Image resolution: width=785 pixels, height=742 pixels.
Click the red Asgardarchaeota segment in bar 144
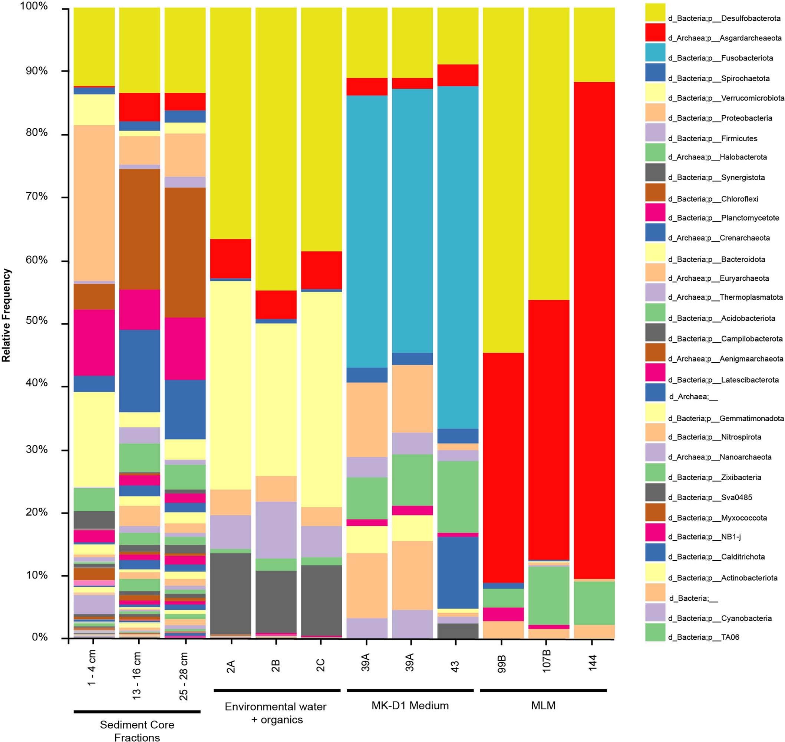point(594,330)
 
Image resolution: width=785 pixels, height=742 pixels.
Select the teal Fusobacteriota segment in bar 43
point(458,257)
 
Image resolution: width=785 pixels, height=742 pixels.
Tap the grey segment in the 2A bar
point(231,593)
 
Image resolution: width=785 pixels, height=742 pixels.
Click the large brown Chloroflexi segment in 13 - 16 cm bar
point(139,229)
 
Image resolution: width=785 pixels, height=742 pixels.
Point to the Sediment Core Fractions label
point(137,731)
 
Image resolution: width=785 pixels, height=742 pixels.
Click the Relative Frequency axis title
point(6,315)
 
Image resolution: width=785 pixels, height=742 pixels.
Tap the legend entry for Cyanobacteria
point(720,618)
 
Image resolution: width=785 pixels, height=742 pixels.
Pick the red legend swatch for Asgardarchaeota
point(655,32)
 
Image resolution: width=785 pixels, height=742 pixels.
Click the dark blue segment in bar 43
point(458,572)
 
